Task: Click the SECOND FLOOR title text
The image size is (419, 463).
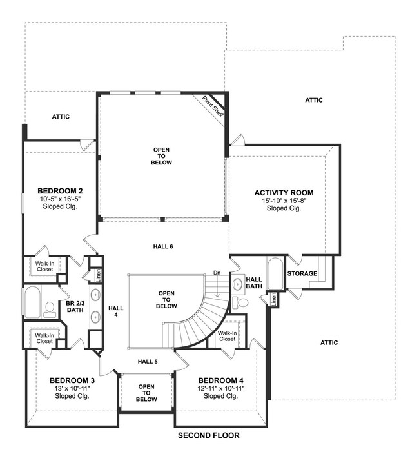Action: click(208, 436)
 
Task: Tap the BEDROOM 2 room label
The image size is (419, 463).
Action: click(59, 191)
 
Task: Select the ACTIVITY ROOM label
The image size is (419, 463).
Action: click(284, 193)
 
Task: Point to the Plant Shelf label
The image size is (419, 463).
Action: click(213, 106)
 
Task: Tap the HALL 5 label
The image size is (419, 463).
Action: click(147, 361)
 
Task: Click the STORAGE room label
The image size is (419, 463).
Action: click(302, 274)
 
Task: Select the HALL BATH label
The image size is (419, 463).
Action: click(253, 282)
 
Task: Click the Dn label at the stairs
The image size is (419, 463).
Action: click(217, 273)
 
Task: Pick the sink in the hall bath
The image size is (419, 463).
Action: click(237, 282)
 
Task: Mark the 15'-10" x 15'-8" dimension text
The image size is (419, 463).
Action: click(284, 201)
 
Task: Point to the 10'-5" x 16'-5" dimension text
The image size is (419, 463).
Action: click(60, 199)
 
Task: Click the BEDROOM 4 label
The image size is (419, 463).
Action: click(220, 380)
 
